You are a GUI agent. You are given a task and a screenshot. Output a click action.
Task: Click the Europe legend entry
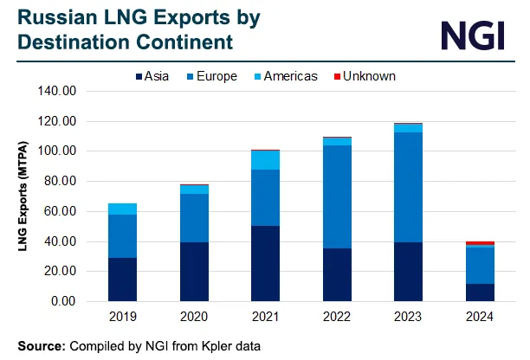[211, 76]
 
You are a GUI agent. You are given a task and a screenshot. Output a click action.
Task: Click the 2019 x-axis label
[122, 317]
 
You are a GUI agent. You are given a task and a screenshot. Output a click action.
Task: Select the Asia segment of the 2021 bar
[265, 264]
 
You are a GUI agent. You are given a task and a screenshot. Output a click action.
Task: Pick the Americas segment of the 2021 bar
[265, 160]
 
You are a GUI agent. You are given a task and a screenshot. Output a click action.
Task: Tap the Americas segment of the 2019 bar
[122, 209]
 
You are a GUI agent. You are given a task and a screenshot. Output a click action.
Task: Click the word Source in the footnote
[40, 345]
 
